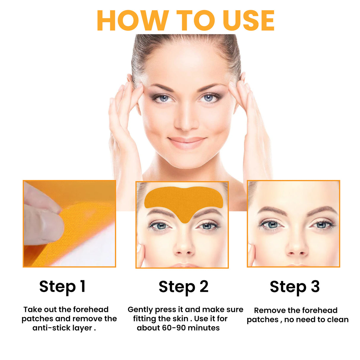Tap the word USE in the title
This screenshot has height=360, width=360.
point(249,20)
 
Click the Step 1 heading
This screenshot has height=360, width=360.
point(62,287)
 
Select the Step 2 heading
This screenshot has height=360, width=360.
point(184,287)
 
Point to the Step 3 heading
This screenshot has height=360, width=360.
point(294,287)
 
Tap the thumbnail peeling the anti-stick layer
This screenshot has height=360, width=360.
point(69,224)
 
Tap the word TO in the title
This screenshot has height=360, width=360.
point(196,20)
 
